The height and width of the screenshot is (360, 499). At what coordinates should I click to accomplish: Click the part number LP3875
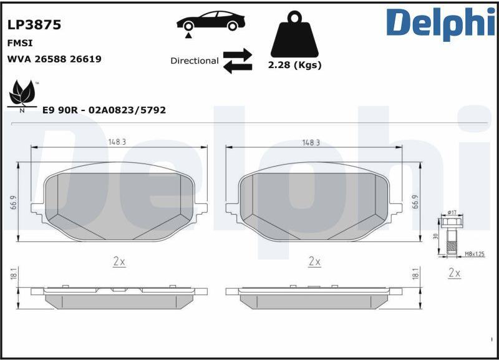pos(34,25)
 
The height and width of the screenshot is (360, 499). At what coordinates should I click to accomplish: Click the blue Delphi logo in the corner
pos(441,23)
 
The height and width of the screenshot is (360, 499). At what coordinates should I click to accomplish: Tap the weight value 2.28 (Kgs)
pos(294,65)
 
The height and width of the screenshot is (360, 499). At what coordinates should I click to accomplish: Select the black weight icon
pos(294,34)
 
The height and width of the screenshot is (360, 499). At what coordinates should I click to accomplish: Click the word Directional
pos(195,61)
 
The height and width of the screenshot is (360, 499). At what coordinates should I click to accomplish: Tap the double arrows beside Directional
pos(238,61)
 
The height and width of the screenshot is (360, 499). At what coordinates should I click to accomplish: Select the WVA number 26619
pos(85,59)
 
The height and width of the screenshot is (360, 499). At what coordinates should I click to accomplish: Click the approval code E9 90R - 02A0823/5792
pos(104,110)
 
